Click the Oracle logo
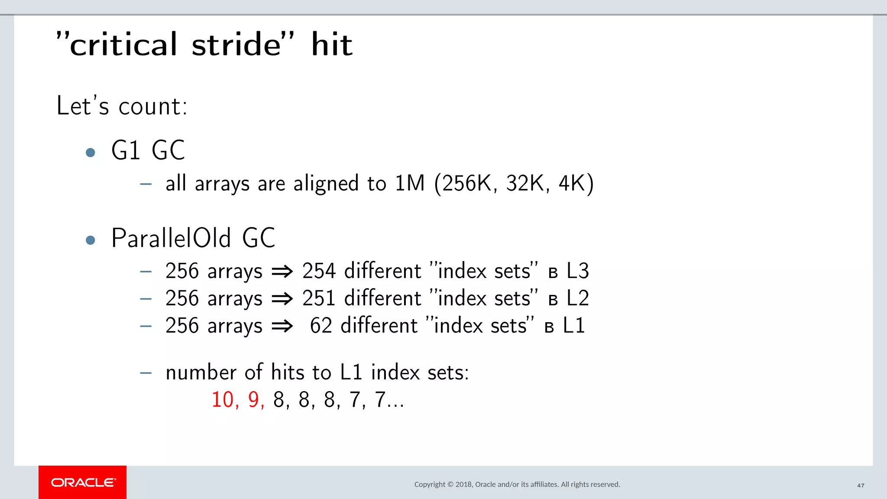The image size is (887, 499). [83, 482]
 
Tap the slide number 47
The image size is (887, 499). [861, 486]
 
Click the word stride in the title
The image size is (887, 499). [236, 45]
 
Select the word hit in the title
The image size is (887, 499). [332, 45]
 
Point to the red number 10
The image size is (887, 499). [223, 399]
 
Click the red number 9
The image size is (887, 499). [254, 399]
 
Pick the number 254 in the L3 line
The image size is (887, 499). [319, 271]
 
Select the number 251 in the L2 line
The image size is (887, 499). [319, 298]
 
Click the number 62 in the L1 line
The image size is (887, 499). [321, 326]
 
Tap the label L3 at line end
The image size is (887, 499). [577, 271]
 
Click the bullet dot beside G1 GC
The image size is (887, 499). [91, 152]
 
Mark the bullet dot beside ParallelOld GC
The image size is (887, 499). [91, 240]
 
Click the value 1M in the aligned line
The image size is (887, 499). [410, 183]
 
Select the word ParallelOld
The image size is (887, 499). [171, 238]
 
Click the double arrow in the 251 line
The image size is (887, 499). [282, 299]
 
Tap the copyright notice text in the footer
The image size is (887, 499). [517, 484]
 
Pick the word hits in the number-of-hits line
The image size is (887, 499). [288, 373]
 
